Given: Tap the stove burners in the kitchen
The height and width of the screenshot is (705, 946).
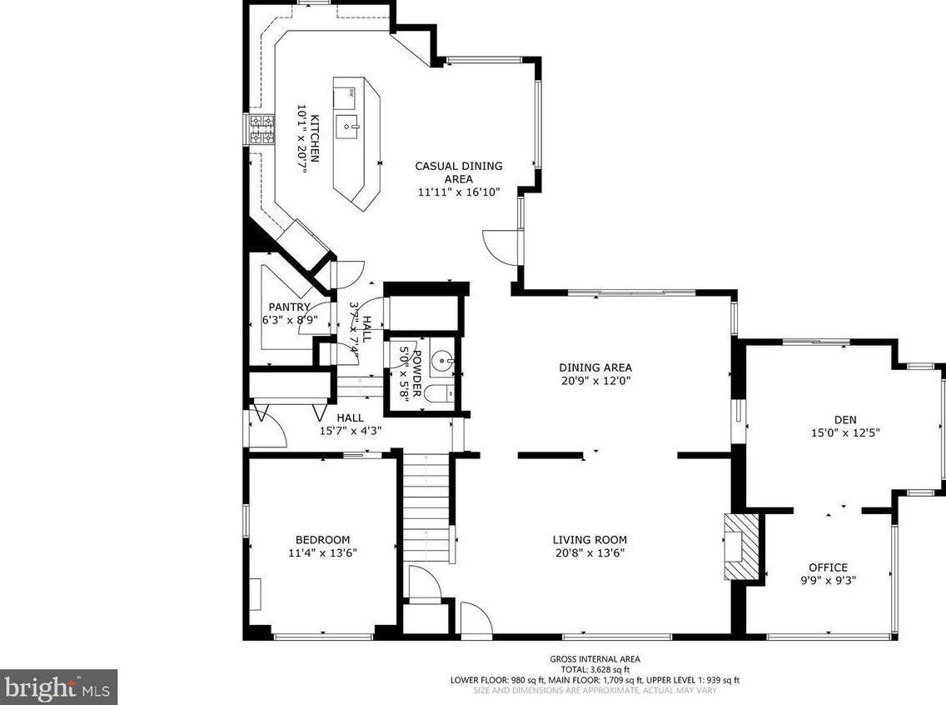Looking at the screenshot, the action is coord(261,130).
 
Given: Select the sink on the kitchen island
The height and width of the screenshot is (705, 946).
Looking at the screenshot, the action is coord(349,126).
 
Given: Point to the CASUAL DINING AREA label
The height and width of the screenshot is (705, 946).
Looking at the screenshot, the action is coord(459,172).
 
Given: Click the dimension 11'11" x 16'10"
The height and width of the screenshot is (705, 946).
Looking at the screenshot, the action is coord(459,192).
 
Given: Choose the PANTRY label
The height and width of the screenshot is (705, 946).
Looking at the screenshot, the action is coord(290,307).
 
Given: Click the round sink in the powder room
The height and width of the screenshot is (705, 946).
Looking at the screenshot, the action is coord(442,362).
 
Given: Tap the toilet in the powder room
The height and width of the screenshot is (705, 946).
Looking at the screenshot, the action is coord(440,394).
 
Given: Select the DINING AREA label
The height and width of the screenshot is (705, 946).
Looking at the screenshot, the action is coord(595,367).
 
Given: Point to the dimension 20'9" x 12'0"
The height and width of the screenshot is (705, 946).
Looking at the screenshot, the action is coord(595,381).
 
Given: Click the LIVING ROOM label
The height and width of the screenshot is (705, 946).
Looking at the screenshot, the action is coord(590,540).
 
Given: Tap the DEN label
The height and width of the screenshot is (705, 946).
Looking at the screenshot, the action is coord(845,419).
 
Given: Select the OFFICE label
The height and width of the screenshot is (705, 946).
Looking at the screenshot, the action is coord(829,567).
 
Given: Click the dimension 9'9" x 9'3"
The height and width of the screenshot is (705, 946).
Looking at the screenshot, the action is coord(829,581).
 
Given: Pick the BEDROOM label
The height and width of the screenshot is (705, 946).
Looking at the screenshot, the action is coord(323,540).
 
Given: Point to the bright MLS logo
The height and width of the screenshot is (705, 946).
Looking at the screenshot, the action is coord(58,687).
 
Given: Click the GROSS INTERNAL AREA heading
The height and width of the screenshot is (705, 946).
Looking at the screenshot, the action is coord(595,659).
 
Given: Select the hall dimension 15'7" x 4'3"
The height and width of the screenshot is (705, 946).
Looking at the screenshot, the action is coord(351,431).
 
